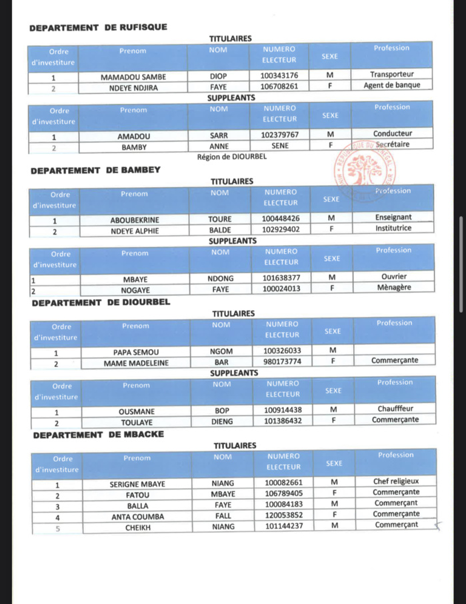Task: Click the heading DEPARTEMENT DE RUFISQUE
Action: pyautogui.click(x=98, y=27)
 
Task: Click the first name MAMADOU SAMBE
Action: pyautogui.click(x=133, y=76)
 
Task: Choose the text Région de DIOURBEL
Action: pyautogui.click(x=231, y=157)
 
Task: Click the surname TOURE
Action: pyautogui.click(x=219, y=218)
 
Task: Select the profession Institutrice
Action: pyautogui.click(x=393, y=228)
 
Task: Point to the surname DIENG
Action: pyautogui.click(x=222, y=422)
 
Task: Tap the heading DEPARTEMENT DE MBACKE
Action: pyautogui.click(x=98, y=435)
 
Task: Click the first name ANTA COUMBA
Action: pyautogui.click(x=137, y=515)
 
